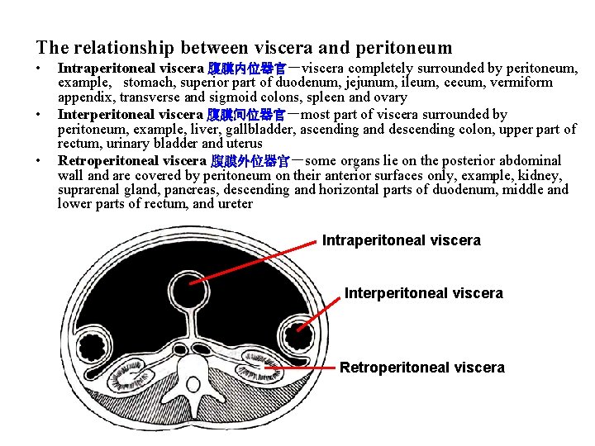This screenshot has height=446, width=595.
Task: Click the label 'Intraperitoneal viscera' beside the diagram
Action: [x=401, y=241]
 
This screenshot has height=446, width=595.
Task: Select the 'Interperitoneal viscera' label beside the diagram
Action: [x=423, y=293]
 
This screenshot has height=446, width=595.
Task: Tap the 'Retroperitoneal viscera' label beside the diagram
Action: [x=421, y=368]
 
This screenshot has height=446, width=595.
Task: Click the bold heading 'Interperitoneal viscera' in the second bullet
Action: [x=130, y=114]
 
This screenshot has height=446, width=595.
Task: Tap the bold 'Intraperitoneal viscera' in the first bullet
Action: [x=131, y=68]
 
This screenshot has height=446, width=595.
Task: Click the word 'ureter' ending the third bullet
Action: [x=234, y=204]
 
